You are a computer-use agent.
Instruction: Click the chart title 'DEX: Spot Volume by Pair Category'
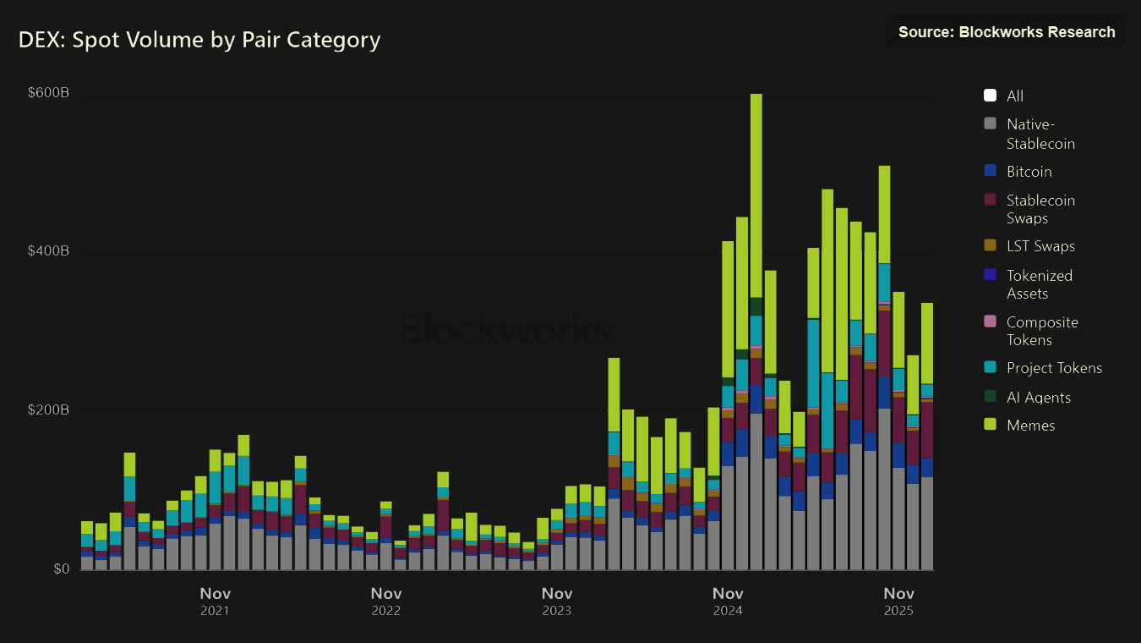click(x=199, y=40)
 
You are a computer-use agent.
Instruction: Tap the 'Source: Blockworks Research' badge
click(x=1006, y=32)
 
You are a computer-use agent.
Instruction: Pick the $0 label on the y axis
click(x=61, y=569)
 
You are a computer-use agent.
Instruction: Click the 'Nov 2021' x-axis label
click(x=215, y=601)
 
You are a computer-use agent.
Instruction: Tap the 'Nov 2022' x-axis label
click(x=385, y=601)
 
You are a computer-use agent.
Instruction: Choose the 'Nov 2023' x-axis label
click(x=556, y=601)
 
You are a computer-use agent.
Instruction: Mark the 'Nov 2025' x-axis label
click(x=898, y=601)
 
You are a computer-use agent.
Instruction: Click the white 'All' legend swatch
click(x=991, y=96)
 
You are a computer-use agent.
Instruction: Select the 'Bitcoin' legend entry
click(x=1029, y=172)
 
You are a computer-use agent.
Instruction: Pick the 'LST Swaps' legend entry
click(x=1040, y=246)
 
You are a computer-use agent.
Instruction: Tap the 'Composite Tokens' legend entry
click(x=1042, y=331)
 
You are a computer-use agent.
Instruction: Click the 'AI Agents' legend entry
click(x=1038, y=397)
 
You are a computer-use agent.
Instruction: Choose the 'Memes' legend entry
click(x=1030, y=426)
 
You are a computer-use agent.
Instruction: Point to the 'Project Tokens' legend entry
click(x=1054, y=368)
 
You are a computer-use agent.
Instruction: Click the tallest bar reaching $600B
click(x=756, y=338)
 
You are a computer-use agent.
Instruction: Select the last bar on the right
click(x=927, y=440)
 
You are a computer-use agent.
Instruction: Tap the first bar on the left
click(x=87, y=547)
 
